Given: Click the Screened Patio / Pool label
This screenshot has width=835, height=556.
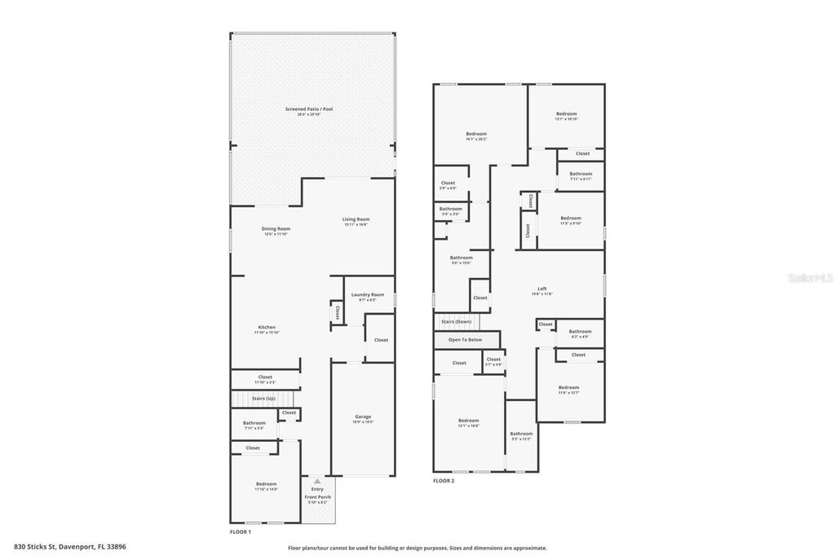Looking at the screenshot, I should tap(309, 109).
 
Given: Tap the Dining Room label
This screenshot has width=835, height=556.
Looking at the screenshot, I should tap(276, 229).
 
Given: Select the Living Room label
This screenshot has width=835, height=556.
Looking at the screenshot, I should tap(356, 219).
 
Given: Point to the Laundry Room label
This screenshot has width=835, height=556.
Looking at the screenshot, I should tap(367, 294).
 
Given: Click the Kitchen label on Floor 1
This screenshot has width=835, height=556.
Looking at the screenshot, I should tap(267, 328).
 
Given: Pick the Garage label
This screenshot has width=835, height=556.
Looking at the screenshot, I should tap(363, 417).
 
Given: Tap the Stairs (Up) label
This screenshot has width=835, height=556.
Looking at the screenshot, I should tap(263, 399).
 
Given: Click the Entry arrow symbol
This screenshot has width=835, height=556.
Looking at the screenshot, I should tap(317, 481).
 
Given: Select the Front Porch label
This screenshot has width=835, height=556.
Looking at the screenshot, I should tap(317, 496).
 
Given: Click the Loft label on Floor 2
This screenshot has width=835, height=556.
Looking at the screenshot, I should tap(542, 289).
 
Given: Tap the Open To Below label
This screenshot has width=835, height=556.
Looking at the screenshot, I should tap(465, 339).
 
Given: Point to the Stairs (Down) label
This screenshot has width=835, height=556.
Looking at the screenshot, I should tap(456, 322).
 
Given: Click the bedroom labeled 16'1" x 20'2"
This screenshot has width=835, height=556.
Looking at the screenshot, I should tap(476, 134).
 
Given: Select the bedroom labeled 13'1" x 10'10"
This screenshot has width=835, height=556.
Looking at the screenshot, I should tap(567, 114).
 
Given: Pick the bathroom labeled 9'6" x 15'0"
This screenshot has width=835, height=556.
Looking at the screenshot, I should tap(461, 258).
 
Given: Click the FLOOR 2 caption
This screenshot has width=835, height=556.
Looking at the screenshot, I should tap(444, 481).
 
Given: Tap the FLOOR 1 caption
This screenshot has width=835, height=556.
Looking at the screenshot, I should tap(241, 532).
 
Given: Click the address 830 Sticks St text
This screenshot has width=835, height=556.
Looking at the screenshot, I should tap(69, 547).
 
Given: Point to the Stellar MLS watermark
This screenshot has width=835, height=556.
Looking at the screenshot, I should tap(810, 277).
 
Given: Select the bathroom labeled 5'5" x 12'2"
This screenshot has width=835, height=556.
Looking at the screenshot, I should tap(521, 435).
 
